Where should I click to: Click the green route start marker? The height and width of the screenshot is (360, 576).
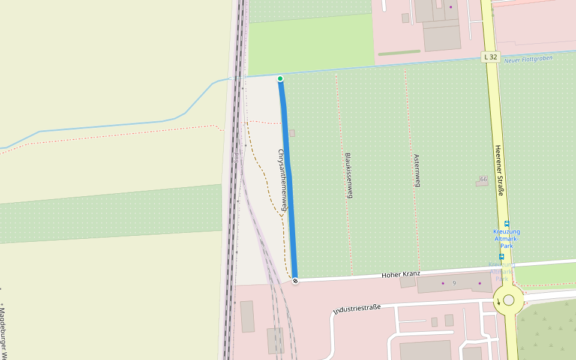280,79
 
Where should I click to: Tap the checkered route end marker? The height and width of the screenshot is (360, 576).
295,281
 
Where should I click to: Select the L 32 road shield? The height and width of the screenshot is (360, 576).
491,57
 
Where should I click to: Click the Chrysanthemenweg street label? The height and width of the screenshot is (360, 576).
282,181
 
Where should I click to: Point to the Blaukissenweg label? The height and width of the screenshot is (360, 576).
349,175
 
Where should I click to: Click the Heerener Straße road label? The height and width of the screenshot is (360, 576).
499,170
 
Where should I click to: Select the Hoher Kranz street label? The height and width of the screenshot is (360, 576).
401,274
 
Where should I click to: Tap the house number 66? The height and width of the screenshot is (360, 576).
484,179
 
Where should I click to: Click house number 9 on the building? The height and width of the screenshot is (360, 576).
454,283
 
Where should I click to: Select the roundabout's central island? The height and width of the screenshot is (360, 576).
509,300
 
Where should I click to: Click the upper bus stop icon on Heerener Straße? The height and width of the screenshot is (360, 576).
507,224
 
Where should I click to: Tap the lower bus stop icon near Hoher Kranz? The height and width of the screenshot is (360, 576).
502,257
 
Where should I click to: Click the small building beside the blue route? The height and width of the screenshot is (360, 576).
292,133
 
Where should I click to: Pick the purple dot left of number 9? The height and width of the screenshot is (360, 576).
443,283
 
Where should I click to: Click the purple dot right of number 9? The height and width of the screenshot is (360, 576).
479,283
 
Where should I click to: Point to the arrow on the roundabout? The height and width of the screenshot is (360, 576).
498,301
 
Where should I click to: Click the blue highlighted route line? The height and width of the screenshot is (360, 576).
288,180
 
